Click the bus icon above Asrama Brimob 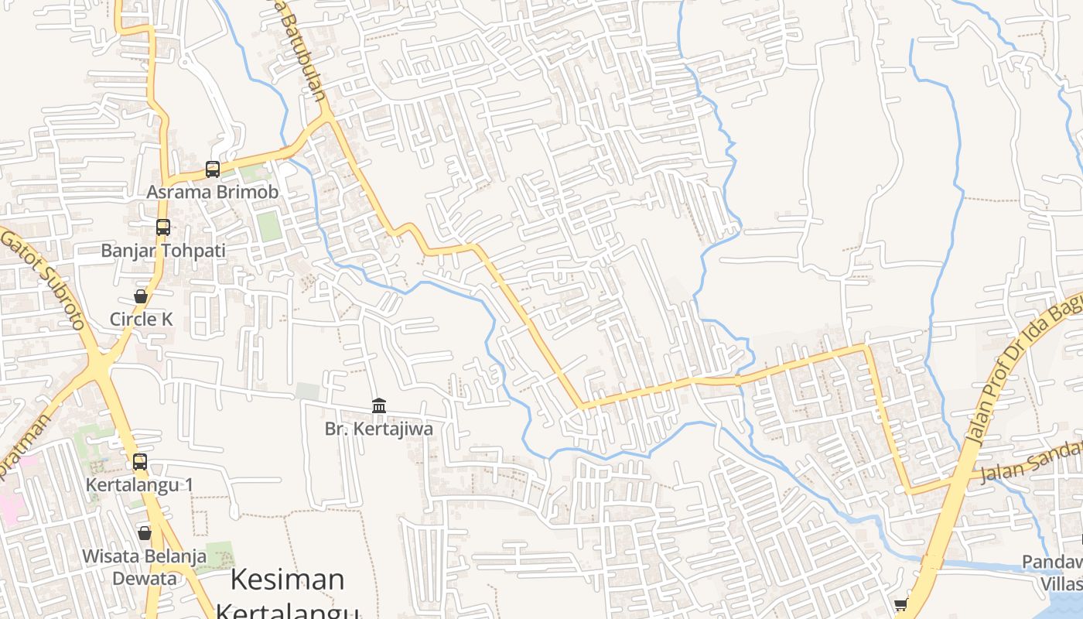(212, 169)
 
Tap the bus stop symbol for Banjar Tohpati (162, 227)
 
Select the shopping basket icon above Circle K (141, 296)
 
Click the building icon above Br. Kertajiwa (379, 405)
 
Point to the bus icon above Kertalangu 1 (139, 462)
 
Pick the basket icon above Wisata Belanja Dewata (144, 533)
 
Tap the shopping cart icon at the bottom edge (900, 605)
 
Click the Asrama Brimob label (212, 191)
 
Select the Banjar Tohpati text (163, 251)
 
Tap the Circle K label (141, 319)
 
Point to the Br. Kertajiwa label (379, 429)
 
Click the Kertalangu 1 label (139, 485)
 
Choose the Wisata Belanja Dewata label (144, 566)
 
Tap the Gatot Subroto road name (43, 279)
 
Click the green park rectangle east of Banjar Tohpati (268, 226)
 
